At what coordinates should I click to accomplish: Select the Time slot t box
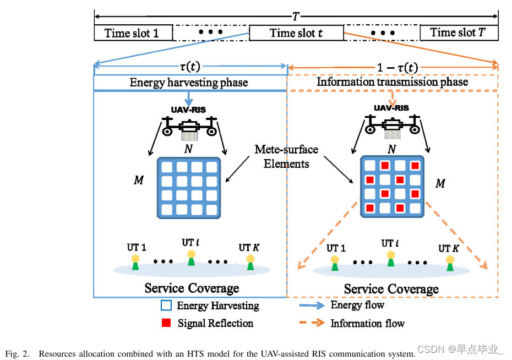296,33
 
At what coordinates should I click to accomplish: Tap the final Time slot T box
459,32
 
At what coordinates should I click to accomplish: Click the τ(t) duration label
190,67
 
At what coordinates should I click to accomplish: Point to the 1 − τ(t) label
397,68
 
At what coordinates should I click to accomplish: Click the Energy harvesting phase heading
189,83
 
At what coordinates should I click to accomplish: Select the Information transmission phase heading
392,82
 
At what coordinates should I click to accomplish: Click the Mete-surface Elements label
286,156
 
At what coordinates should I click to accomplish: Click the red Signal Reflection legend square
166,323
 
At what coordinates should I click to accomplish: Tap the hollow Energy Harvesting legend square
166,305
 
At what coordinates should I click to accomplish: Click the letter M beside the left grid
138,180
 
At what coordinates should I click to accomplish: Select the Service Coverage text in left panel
192,288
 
